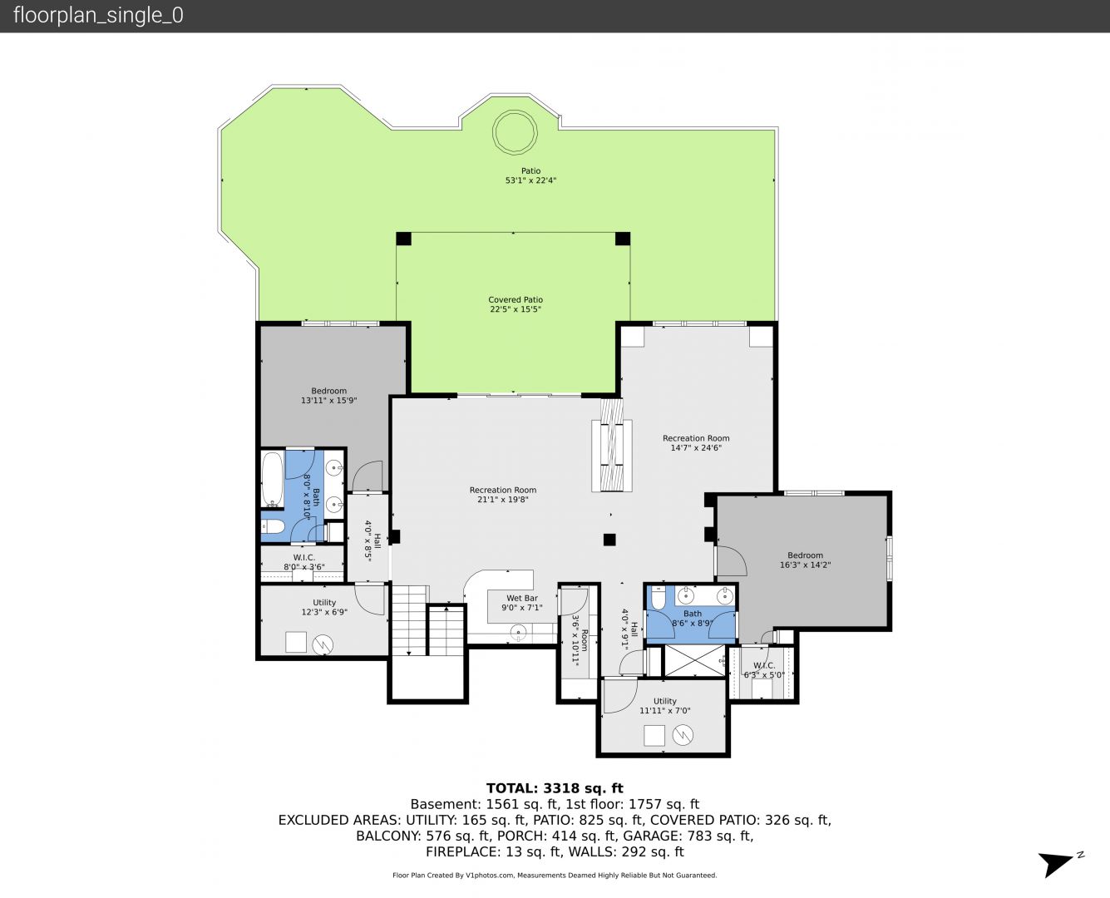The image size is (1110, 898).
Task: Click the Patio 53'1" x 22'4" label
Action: click(x=530, y=175)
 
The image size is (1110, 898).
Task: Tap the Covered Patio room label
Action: click(x=516, y=304)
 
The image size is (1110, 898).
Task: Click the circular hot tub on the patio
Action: click(x=515, y=132)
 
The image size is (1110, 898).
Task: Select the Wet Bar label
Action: click(x=521, y=603)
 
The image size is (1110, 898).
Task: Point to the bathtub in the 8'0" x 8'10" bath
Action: click(x=272, y=479)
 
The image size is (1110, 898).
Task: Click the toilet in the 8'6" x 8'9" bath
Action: click(x=659, y=597)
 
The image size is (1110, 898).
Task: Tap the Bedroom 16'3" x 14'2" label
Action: click(x=805, y=560)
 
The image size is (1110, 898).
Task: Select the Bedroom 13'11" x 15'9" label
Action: click(x=328, y=396)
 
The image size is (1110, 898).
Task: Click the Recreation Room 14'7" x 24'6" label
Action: click(x=696, y=443)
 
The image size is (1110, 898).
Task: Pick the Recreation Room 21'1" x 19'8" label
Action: click(x=503, y=495)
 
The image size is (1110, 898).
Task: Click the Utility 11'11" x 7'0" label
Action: click(x=665, y=706)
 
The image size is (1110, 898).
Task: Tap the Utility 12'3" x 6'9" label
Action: click(x=324, y=607)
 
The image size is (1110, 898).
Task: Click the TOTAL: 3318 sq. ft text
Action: click(x=555, y=788)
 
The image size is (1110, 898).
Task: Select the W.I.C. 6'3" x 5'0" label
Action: click(x=764, y=670)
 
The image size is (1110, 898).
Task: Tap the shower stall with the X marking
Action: click(x=694, y=661)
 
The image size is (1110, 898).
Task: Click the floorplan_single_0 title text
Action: click(x=98, y=15)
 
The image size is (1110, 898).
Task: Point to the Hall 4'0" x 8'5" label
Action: click(x=372, y=541)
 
